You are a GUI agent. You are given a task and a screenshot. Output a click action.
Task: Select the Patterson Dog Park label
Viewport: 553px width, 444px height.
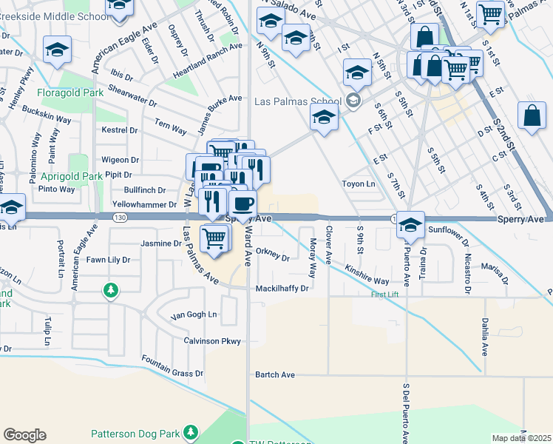[x=136, y=433]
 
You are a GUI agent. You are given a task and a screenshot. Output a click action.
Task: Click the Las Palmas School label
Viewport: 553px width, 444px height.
[x=298, y=101]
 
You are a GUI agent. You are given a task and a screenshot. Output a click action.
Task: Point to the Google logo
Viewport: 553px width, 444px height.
[x=24, y=435]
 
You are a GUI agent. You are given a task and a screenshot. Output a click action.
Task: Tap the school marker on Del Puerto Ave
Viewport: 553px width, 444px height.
[x=410, y=225]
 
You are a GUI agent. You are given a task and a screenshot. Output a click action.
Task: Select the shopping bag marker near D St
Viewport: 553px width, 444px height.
[x=532, y=116]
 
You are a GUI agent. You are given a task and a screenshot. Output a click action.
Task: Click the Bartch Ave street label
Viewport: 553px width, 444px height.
[x=275, y=375]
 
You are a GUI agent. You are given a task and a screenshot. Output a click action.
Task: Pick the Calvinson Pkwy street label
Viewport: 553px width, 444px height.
[x=212, y=341]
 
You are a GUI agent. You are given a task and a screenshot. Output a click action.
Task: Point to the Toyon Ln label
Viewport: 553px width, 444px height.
[x=359, y=184]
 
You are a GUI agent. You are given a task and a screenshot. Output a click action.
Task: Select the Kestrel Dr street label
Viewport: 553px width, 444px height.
[x=119, y=130]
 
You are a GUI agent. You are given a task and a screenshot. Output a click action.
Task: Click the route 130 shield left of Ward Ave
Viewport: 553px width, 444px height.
[x=120, y=218]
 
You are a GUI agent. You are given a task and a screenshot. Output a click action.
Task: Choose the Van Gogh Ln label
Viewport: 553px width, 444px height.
[x=194, y=315]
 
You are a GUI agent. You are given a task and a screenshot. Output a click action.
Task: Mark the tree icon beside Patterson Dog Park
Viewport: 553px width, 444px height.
[x=191, y=431]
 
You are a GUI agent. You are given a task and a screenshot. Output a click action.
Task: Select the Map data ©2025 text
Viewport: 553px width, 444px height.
[x=522, y=438]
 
